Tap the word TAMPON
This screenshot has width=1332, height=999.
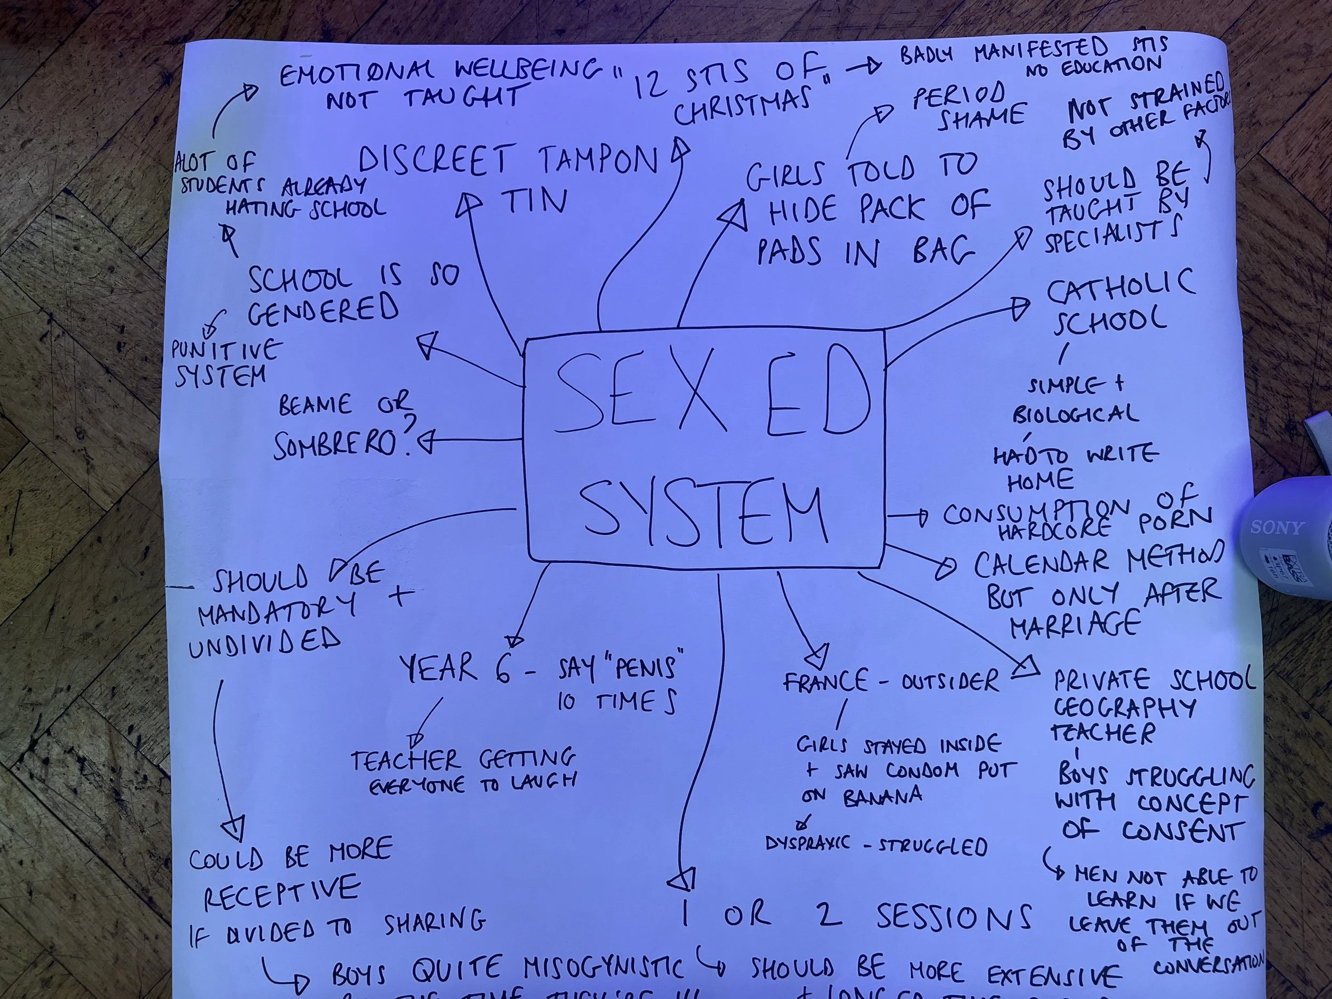tap(596, 161)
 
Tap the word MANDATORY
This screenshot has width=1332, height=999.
tap(277, 610)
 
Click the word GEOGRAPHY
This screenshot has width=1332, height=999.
tap(1124, 708)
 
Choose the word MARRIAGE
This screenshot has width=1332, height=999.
tap(1075, 624)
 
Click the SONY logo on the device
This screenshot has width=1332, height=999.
tap(1277, 528)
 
